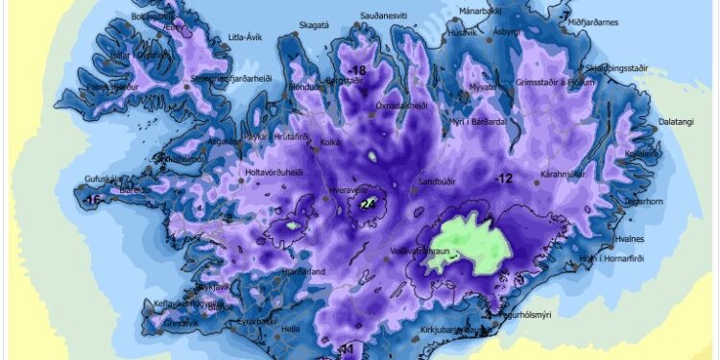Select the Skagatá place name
(314, 26)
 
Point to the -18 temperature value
(359, 71)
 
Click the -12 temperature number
(505, 180)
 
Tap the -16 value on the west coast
(93, 200)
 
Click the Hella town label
(289, 328)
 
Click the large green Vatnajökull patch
(470, 246)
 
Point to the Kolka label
(330, 144)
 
